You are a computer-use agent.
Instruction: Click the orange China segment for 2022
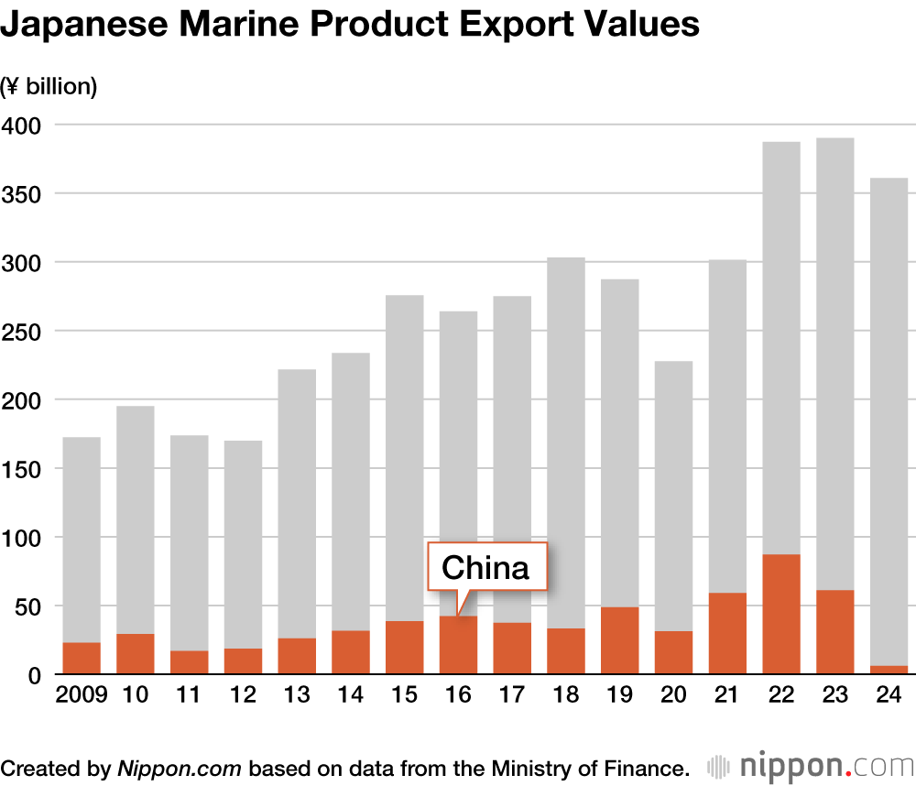click(780, 614)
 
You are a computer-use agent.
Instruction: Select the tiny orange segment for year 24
click(888, 670)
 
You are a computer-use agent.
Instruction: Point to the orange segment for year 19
click(619, 640)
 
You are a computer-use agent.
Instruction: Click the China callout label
click(485, 568)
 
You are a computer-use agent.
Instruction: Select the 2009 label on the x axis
click(82, 695)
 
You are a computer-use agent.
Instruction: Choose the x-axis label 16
click(458, 695)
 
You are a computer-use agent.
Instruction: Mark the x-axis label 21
click(726, 695)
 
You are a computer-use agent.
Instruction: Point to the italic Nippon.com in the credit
click(180, 768)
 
